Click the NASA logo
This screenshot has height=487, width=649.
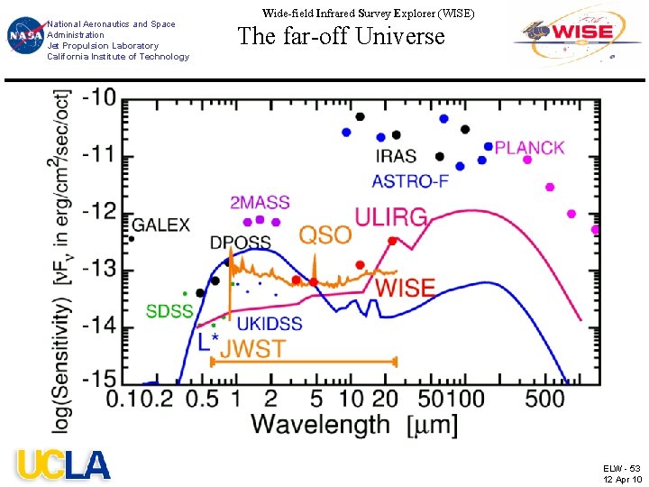pos(25,35)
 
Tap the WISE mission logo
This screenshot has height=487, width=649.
pos(577,35)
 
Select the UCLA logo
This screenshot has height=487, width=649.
pos(63,464)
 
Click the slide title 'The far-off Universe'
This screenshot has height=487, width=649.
pos(342,35)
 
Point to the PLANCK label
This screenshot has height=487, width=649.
pos(529,148)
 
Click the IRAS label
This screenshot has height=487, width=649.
pos(396,156)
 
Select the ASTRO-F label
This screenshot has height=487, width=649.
pos(410,181)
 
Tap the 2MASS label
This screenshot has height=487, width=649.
pos(260,203)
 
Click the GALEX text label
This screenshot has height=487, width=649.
pos(161,225)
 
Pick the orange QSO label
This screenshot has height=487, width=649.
pos(325,235)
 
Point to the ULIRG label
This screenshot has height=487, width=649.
pos(391,217)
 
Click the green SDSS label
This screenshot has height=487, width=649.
pos(170,311)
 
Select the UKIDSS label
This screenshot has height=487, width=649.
pos(270,324)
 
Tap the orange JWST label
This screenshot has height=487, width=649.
pos(253,349)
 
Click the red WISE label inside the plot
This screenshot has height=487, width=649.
pos(406,288)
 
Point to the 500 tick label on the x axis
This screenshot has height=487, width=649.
pos(544,400)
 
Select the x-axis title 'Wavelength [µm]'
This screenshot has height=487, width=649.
pos(355,425)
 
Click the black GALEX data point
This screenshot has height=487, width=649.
pos(132,238)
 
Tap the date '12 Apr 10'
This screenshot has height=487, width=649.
pos(623,479)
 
